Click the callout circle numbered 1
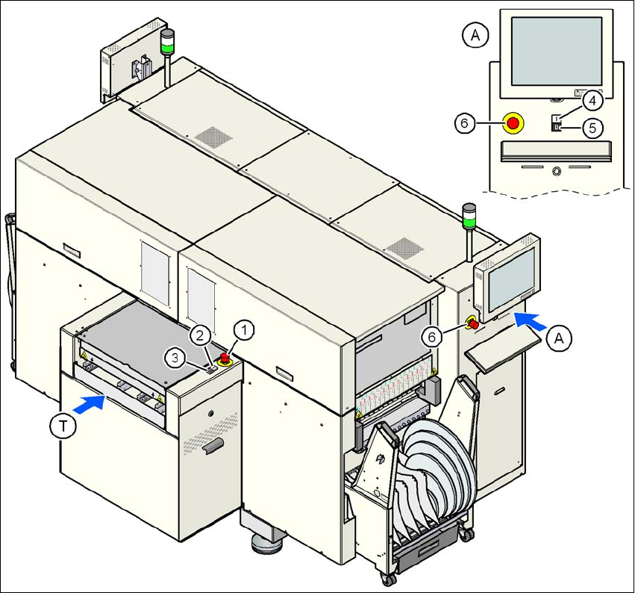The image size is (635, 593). [x=245, y=329]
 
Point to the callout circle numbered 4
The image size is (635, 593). [x=589, y=99]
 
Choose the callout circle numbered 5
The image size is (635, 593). [x=592, y=128]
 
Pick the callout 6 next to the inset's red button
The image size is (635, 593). [x=464, y=124]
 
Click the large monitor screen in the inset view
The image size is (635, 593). [x=557, y=51]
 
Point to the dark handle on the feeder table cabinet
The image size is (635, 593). [x=214, y=446]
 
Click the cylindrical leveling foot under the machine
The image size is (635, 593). [x=267, y=544]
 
